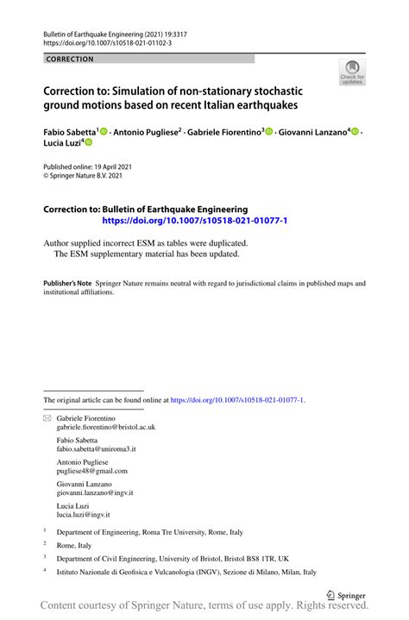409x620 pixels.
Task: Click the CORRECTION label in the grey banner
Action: (x=70, y=59)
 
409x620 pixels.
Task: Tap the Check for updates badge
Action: (x=352, y=74)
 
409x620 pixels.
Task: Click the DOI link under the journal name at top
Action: (x=107, y=42)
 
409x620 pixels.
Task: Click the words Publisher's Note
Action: (x=67, y=283)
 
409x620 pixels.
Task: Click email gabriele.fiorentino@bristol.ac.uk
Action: (x=106, y=427)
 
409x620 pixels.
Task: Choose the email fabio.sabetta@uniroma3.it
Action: (x=97, y=449)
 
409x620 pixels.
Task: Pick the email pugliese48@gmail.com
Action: (x=92, y=471)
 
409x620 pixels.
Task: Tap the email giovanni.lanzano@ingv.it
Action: (x=95, y=493)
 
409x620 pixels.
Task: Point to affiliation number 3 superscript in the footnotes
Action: (x=45, y=557)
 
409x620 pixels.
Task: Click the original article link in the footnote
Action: (x=237, y=400)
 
